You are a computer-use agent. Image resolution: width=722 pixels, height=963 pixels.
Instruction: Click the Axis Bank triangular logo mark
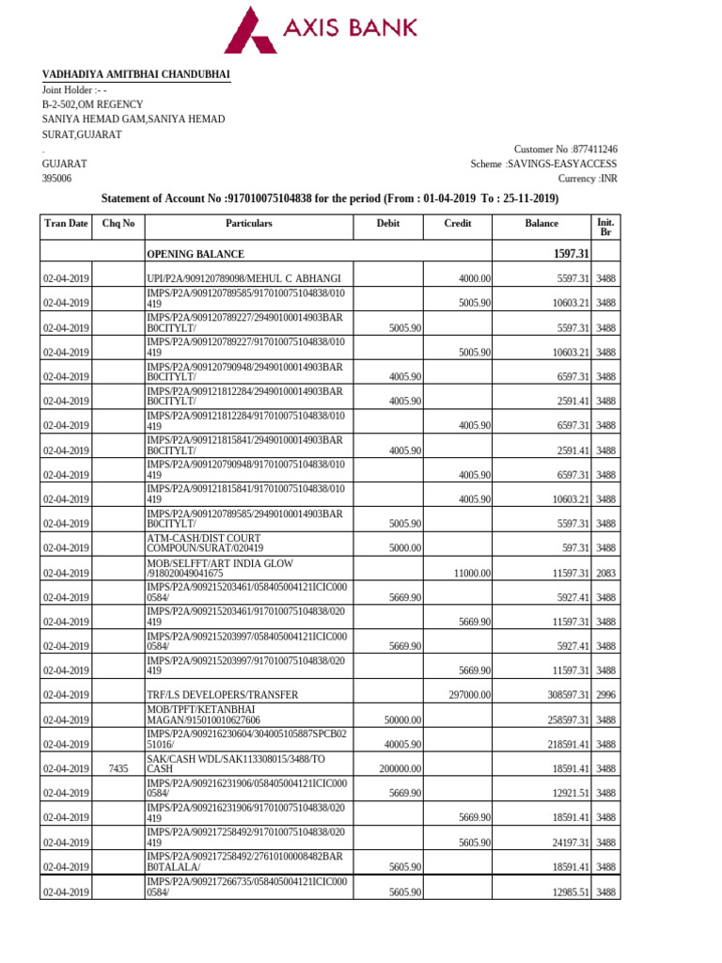[251, 30]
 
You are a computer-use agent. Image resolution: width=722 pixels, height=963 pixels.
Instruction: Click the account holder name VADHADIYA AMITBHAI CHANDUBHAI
[135, 75]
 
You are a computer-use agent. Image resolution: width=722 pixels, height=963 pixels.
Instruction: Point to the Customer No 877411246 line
[565, 150]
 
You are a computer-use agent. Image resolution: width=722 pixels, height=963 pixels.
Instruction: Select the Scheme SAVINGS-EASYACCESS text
[543, 165]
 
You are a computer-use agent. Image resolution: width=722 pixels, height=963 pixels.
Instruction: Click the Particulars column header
[248, 224]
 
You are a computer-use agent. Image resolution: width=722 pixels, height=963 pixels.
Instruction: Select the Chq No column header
[118, 224]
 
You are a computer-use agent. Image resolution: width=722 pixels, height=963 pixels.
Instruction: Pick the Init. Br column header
[605, 227]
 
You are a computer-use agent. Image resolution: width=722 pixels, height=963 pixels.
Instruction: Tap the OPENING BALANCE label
[196, 255]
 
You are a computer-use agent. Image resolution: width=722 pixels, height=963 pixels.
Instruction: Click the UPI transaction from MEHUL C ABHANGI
[243, 279]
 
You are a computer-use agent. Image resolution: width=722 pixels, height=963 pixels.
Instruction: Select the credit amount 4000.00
[475, 279]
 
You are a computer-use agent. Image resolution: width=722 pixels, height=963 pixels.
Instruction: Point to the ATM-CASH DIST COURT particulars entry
[217, 543]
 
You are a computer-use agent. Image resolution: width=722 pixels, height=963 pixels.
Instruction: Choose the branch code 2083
[605, 573]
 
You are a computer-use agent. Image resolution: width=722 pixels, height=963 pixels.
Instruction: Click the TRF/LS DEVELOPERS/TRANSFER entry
[223, 695]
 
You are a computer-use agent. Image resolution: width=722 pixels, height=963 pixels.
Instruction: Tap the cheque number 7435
[118, 768]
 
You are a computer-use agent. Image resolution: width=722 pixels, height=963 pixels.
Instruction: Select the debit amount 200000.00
[398, 768]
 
